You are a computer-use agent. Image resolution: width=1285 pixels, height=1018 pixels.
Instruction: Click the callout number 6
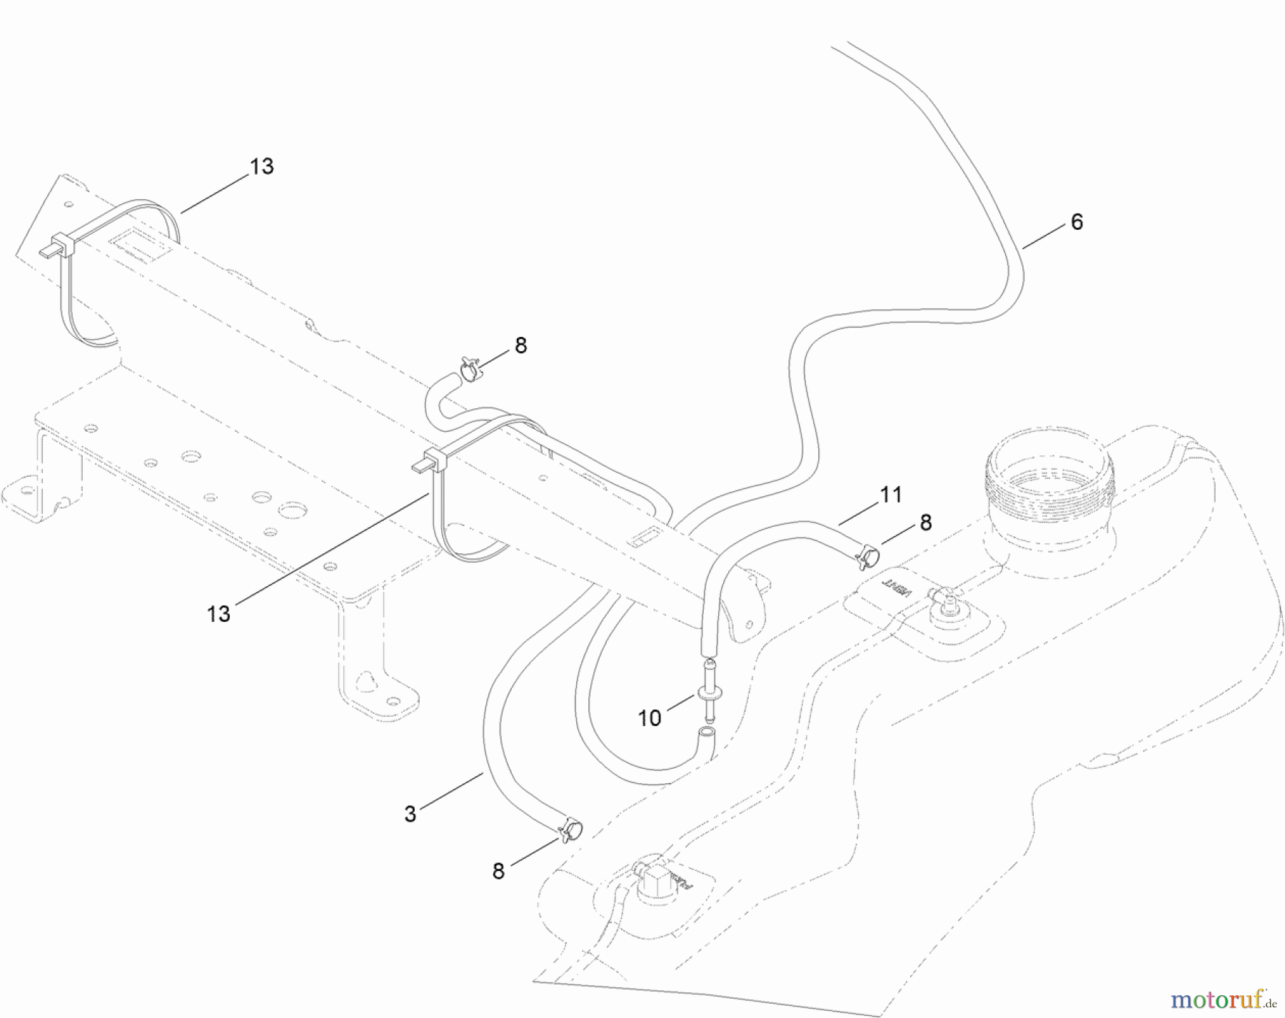[x=1077, y=222]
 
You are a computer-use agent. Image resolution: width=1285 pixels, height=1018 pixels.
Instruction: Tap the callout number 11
[x=891, y=494]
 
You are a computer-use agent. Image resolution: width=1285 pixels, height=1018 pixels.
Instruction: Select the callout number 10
[x=649, y=718]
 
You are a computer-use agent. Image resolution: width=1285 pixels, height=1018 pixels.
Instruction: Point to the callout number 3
[x=410, y=814]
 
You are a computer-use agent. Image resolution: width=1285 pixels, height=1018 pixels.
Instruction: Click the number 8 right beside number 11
[x=926, y=523]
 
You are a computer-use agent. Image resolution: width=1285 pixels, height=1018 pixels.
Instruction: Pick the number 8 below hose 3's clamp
[x=498, y=871]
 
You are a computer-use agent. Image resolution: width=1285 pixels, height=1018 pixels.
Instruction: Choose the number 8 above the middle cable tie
[x=520, y=346]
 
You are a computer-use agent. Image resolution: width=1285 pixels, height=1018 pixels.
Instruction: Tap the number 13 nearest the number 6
[x=262, y=166]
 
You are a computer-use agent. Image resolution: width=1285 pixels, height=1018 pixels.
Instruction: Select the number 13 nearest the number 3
[x=218, y=614]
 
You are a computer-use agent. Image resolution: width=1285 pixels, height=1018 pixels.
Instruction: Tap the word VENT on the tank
[x=897, y=587]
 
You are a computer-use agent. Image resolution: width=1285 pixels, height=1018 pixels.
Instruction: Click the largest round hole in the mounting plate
[x=291, y=510]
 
